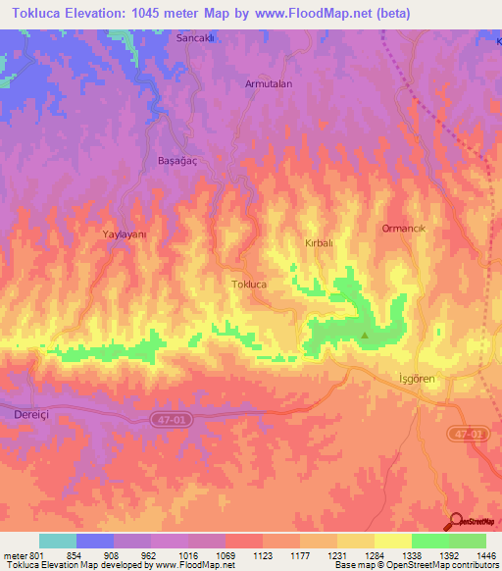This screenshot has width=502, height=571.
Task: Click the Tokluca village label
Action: (249, 284)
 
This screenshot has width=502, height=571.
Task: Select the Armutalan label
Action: (269, 84)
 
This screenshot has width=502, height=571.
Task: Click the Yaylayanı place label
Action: (125, 234)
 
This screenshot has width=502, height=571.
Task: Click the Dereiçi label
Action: (30, 415)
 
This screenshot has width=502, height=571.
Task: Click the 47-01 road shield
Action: (168, 419)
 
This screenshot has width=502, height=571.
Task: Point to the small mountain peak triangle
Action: (366, 336)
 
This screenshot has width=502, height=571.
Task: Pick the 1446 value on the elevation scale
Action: (485, 555)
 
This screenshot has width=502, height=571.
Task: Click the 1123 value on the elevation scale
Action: (263, 555)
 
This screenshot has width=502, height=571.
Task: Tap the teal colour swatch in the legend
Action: (58, 541)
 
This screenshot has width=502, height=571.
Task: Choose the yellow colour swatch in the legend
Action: (393, 541)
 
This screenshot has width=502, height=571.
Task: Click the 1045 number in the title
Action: (168, 13)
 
